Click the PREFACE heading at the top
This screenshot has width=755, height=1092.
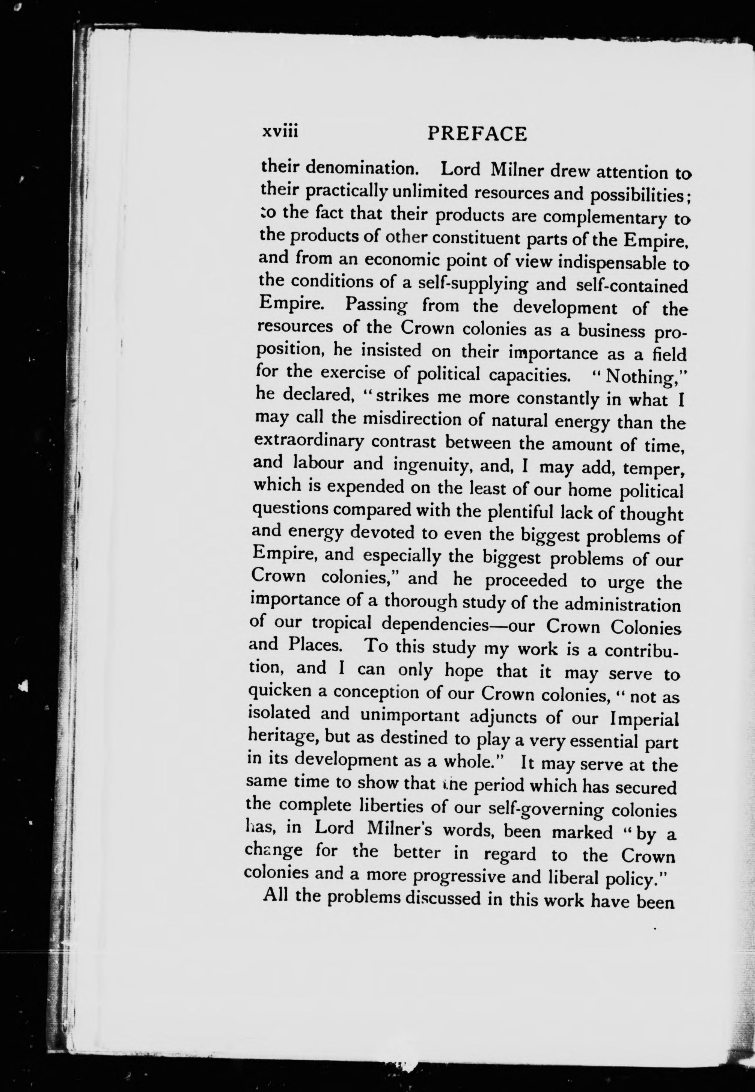tap(476, 134)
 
